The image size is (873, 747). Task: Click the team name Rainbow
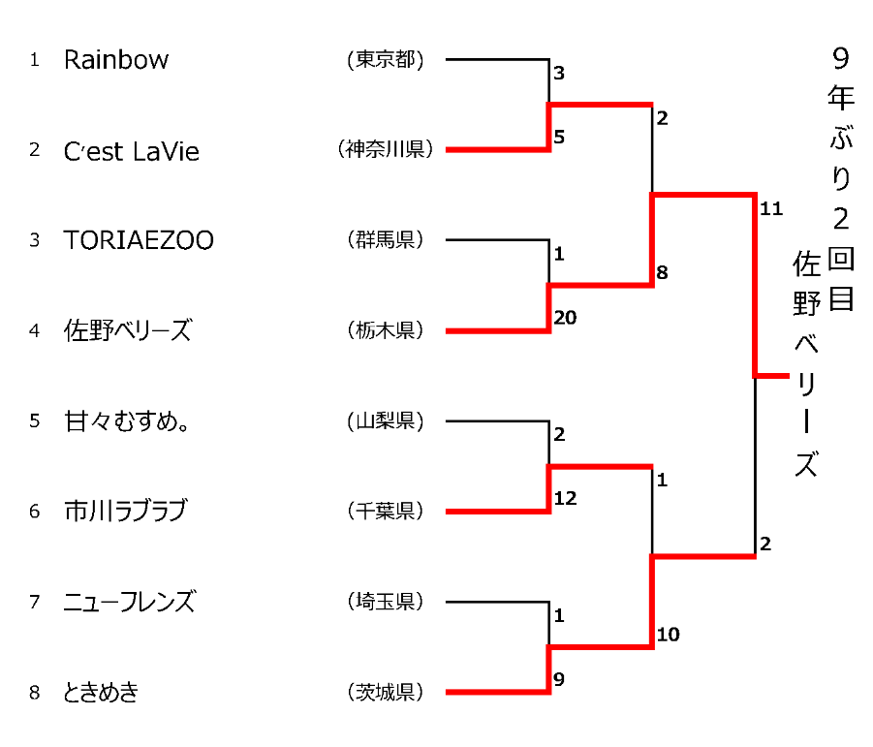coord(116,60)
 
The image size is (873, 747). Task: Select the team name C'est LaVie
coord(132,151)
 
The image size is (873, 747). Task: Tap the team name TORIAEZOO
coord(139,240)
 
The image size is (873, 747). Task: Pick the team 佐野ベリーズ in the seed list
coord(128,330)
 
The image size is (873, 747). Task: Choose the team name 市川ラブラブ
coord(125,511)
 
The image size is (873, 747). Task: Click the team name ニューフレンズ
coord(130,602)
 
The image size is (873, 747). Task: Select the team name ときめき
coord(102,692)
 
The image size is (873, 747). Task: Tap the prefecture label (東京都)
coord(386,60)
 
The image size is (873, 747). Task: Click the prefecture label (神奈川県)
coord(386,150)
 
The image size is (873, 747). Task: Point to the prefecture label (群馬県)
coord(386,240)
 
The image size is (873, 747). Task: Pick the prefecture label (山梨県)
coord(386,421)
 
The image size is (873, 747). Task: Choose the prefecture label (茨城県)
coord(386,692)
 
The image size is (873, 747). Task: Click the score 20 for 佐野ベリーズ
coord(565,316)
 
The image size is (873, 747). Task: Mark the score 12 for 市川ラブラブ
coord(565,497)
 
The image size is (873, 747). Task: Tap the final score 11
coord(771,208)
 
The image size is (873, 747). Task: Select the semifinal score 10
coord(668,635)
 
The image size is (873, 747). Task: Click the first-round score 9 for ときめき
coord(559,678)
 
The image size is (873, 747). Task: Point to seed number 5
coord(35,421)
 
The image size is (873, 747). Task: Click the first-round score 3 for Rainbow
coord(559,73)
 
